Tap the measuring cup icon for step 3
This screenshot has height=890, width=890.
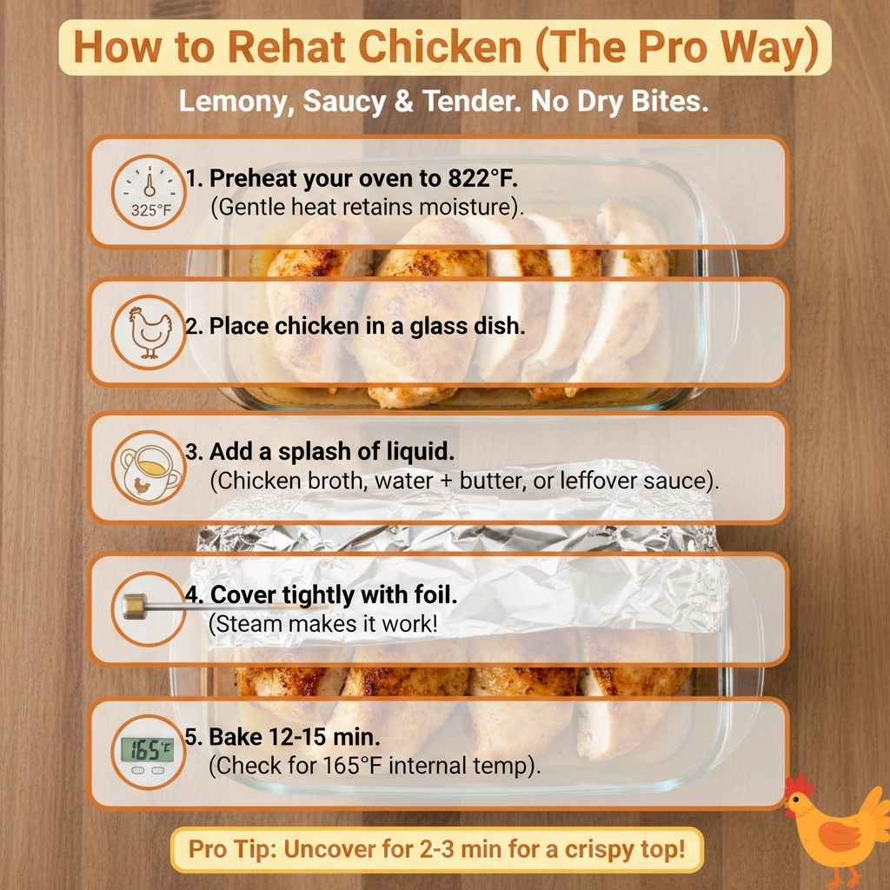(149, 470)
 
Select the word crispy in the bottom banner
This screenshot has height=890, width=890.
(571, 849)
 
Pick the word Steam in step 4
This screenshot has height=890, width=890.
(242, 624)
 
